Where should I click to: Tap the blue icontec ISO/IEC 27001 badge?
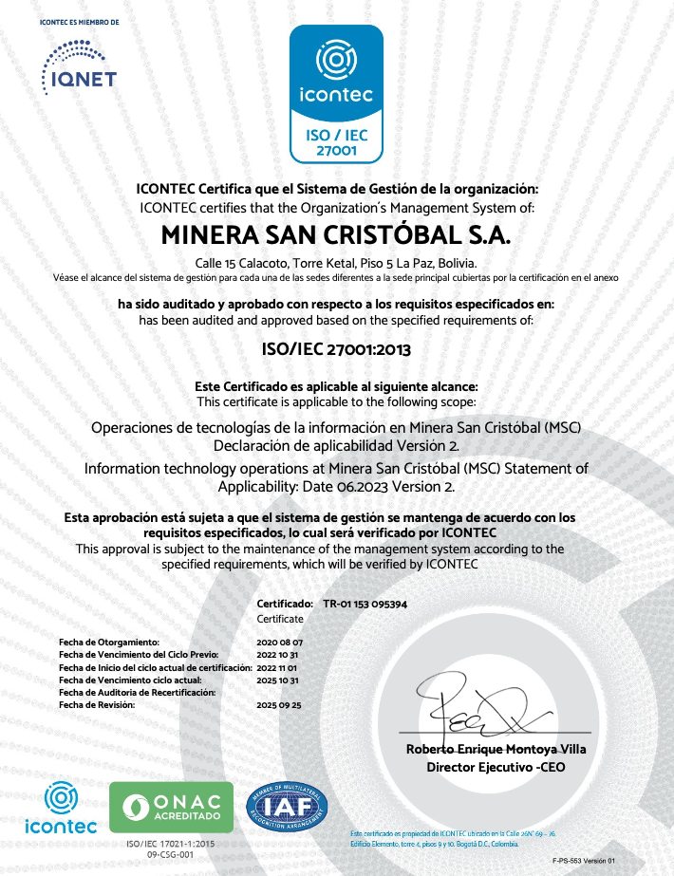[336, 93]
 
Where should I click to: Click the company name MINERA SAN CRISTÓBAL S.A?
[336, 233]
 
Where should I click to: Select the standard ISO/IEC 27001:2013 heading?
[336, 348]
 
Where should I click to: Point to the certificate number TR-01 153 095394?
[365, 604]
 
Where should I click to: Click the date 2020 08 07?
[279, 643]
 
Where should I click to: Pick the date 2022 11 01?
[279, 667]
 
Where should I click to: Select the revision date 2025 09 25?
[279, 705]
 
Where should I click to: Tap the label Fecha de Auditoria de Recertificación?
[138, 693]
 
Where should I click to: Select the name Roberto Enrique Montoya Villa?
[496, 749]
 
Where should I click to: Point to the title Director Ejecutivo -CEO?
[496, 767]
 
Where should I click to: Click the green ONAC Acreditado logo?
[171, 808]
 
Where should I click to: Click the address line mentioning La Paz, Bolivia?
[336, 263]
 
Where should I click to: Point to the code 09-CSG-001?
[171, 856]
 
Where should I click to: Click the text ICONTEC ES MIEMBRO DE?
[79, 21]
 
